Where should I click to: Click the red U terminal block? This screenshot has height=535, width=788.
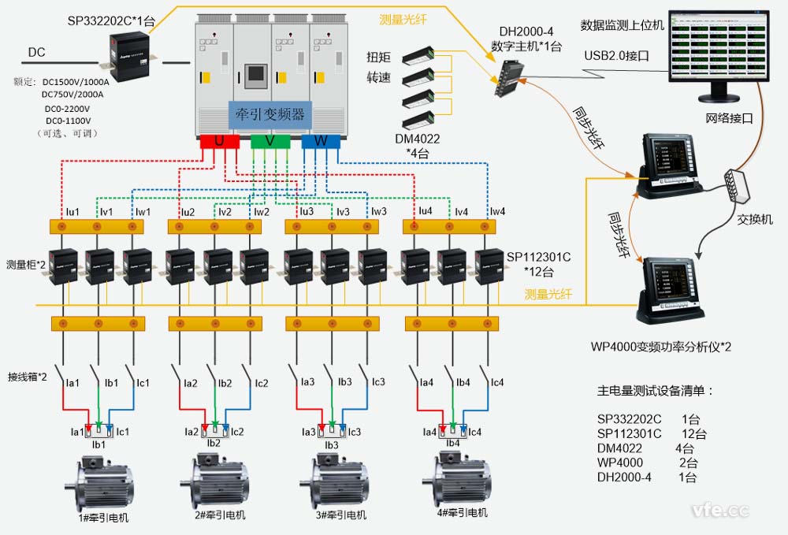tap(220, 141)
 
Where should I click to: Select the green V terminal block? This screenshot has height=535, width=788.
tap(270, 141)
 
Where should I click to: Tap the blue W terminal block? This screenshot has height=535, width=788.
tap(321, 141)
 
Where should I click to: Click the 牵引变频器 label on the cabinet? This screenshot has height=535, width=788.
tap(270, 115)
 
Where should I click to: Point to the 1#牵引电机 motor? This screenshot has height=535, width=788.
tap(105, 485)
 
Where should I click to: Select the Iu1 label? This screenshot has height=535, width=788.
tap(72, 211)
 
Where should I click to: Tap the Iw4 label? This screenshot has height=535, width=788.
tap(497, 211)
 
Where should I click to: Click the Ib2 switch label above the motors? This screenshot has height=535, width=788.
tap(225, 384)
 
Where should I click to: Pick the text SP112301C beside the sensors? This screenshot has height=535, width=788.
tap(538, 257)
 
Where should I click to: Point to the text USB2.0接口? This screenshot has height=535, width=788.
tap(616, 55)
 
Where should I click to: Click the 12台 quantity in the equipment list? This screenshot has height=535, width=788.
tap(694, 433)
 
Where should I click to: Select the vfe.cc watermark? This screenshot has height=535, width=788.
tap(719, 510)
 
